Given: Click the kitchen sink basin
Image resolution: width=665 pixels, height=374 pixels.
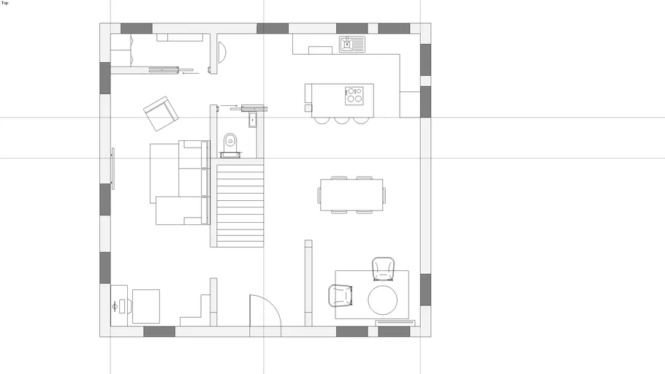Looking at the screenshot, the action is [x=346, y=44].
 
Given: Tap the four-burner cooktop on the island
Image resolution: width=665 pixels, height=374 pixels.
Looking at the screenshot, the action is [x=354, y=96].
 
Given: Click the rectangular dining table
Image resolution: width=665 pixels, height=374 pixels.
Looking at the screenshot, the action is [x=351, y=194].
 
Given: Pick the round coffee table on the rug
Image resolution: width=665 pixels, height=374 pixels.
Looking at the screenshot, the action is [x=382, y=300].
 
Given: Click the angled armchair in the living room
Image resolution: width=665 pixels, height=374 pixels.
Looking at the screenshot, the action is [x=161, y=113].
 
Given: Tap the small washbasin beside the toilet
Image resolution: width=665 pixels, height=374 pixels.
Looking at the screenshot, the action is [x=253, y=120].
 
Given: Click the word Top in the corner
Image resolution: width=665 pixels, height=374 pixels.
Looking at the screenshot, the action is [x=4, y=3].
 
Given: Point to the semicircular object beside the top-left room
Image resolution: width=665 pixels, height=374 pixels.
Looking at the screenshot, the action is [x=222, y=52].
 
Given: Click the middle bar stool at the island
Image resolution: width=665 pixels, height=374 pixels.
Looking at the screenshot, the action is [x=342, y=120].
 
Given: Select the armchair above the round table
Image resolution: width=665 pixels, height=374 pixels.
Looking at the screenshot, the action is [x=384, y=269].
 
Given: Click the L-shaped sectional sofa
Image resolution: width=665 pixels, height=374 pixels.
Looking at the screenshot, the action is [x=180, y=183].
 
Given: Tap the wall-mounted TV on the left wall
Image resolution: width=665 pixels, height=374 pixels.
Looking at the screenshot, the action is [x=113, y=169].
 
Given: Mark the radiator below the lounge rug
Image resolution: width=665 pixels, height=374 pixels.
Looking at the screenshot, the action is [x=395, y=323].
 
